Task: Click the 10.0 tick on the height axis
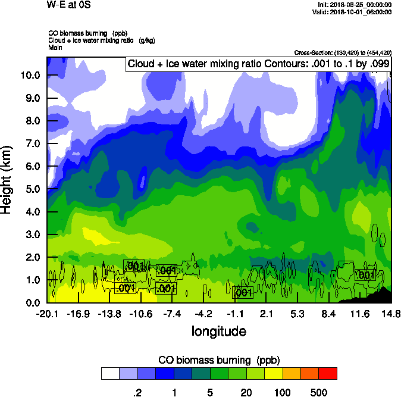click(x=30, y=76)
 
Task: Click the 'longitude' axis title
click(x=218, y=330)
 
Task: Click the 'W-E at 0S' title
click(x=68, y=5)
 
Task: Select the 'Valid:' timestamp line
click(x=354, y=12)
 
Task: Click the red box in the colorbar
click(x=327, y=374)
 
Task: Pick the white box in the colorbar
click(x=110, y=374)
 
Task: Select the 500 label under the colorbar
click(x=319, y=392)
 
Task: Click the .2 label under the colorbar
click(x=137, y=392)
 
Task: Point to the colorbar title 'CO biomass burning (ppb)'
click(x=219, y=360)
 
